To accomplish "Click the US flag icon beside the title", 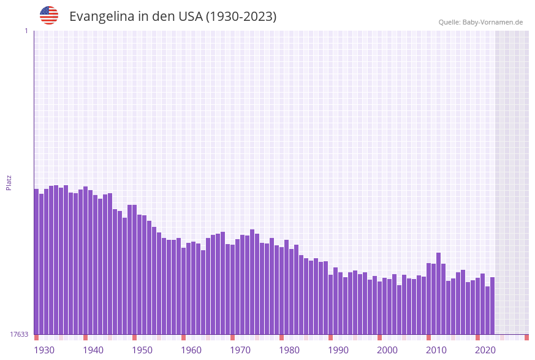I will coord(49,15).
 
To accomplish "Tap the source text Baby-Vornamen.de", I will coord(493,22).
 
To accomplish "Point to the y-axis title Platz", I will coord(9,182).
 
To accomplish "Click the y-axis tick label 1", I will coord(26,31).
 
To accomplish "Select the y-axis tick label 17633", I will coord(19,334).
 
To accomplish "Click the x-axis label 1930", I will coord(44,350).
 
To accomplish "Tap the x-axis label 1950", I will coord(142,350).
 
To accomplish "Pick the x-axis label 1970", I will coord(240,350).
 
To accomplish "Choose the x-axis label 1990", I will coord(338,350).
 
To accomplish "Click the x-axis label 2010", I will coord(436,350).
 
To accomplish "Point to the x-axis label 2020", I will coord(485,350).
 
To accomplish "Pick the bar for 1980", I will coord(282,291).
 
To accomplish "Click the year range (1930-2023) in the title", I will coord(241,17).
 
